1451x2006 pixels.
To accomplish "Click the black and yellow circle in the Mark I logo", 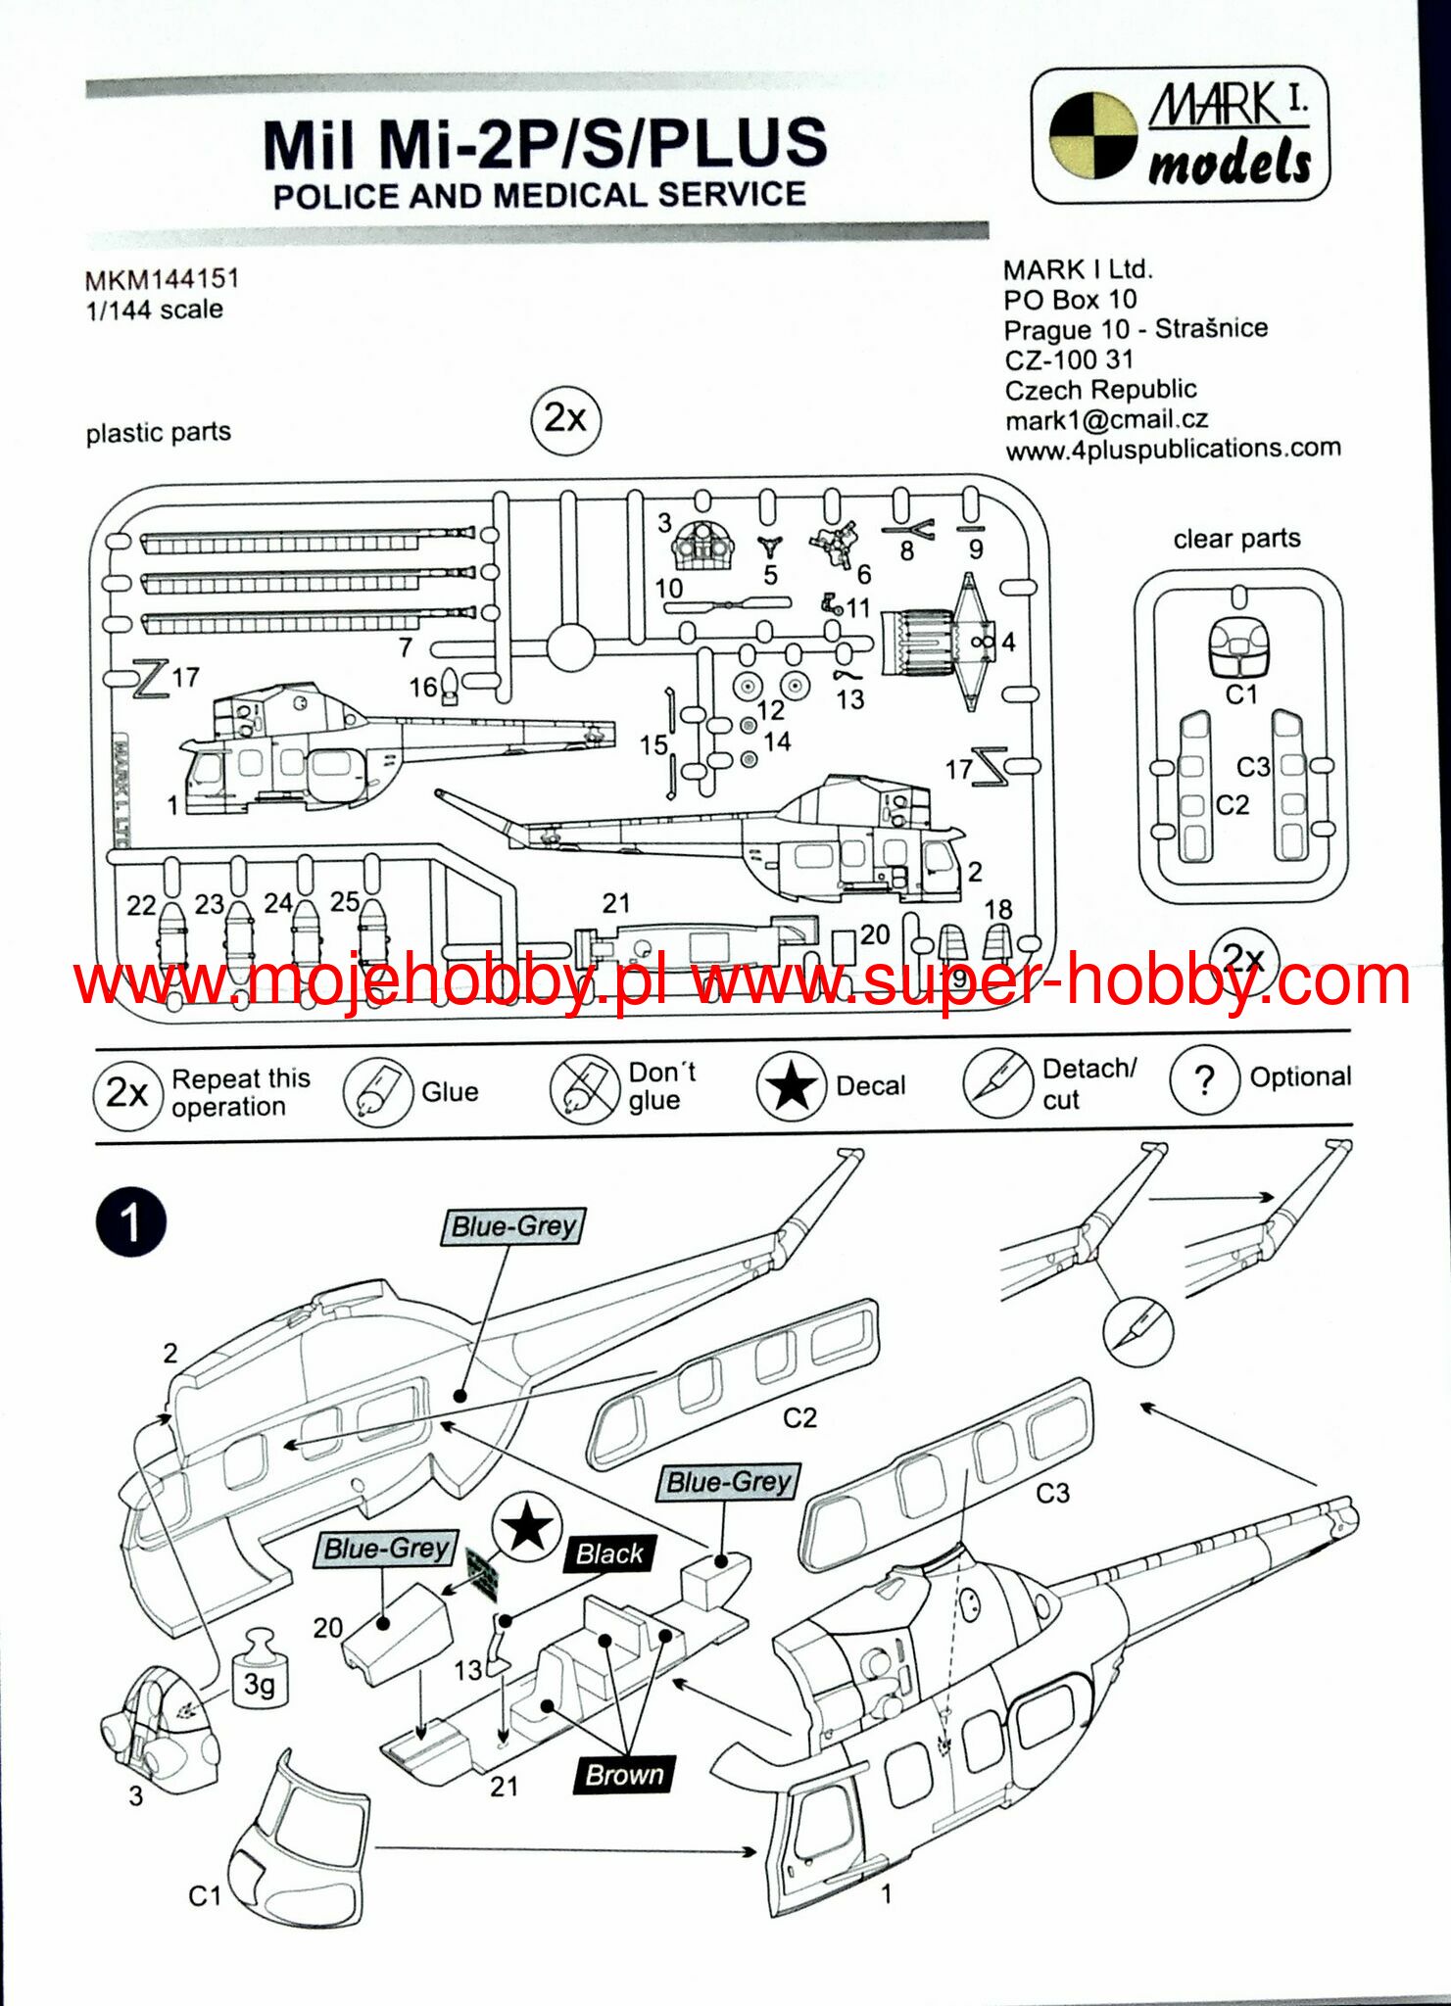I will (1092, 135).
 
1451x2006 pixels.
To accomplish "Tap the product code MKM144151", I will (162, 279).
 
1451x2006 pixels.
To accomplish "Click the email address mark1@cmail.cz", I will (1106, 420).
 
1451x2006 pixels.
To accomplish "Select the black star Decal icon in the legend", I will (790, 1085).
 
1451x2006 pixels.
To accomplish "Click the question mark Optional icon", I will (1204, 1080).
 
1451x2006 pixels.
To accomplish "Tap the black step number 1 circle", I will (130, 1222).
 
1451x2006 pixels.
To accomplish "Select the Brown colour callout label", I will (625, 1774).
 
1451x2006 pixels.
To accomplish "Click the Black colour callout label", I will (609, 1553).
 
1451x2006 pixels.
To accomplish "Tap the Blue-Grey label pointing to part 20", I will (387, 1549).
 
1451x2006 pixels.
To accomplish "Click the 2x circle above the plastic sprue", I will (565, 419).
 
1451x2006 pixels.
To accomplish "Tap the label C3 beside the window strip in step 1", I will (1052, 1493).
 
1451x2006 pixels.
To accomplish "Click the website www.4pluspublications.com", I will (1173, 450).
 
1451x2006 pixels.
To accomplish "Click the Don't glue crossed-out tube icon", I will (584, 1088).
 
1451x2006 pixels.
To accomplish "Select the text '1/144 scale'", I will (155, 310).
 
